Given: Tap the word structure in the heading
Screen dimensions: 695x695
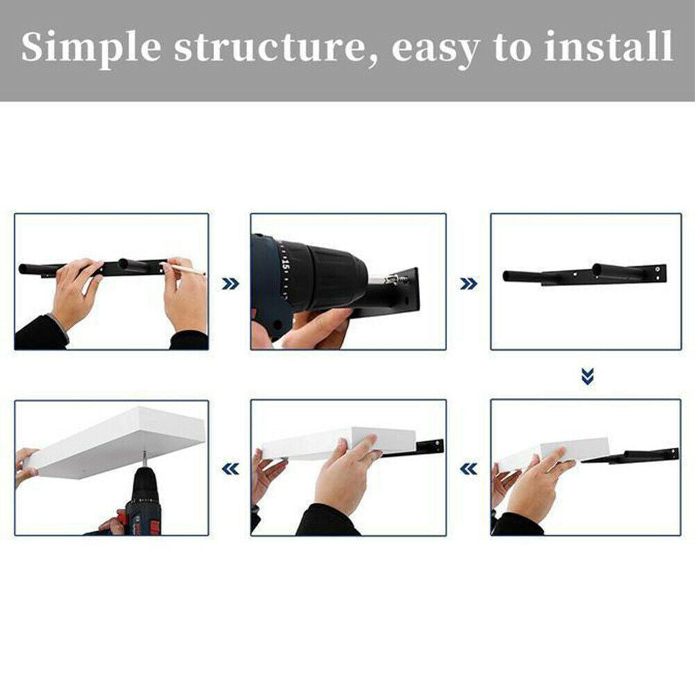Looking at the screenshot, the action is click(x=269, y=47).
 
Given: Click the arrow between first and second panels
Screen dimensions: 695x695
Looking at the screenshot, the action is click(x=230, y=284).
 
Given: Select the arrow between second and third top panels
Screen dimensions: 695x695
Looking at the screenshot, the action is click(x=469, y=284).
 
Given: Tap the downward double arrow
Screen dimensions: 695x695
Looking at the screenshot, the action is click(x=587, y=376).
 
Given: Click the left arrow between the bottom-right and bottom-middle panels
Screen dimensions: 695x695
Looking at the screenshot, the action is click(x=469, y=469).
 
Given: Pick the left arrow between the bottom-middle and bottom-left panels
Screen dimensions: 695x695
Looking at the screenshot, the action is click(x=230, y=469).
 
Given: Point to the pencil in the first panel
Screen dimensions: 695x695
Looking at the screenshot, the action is click(x=183, y=268).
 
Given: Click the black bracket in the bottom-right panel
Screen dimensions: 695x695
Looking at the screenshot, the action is click(x=630, y=456).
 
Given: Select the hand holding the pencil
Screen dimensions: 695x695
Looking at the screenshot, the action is click(x=184, y=295).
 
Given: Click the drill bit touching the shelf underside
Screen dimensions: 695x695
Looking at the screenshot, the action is click(x=144, y=458).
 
